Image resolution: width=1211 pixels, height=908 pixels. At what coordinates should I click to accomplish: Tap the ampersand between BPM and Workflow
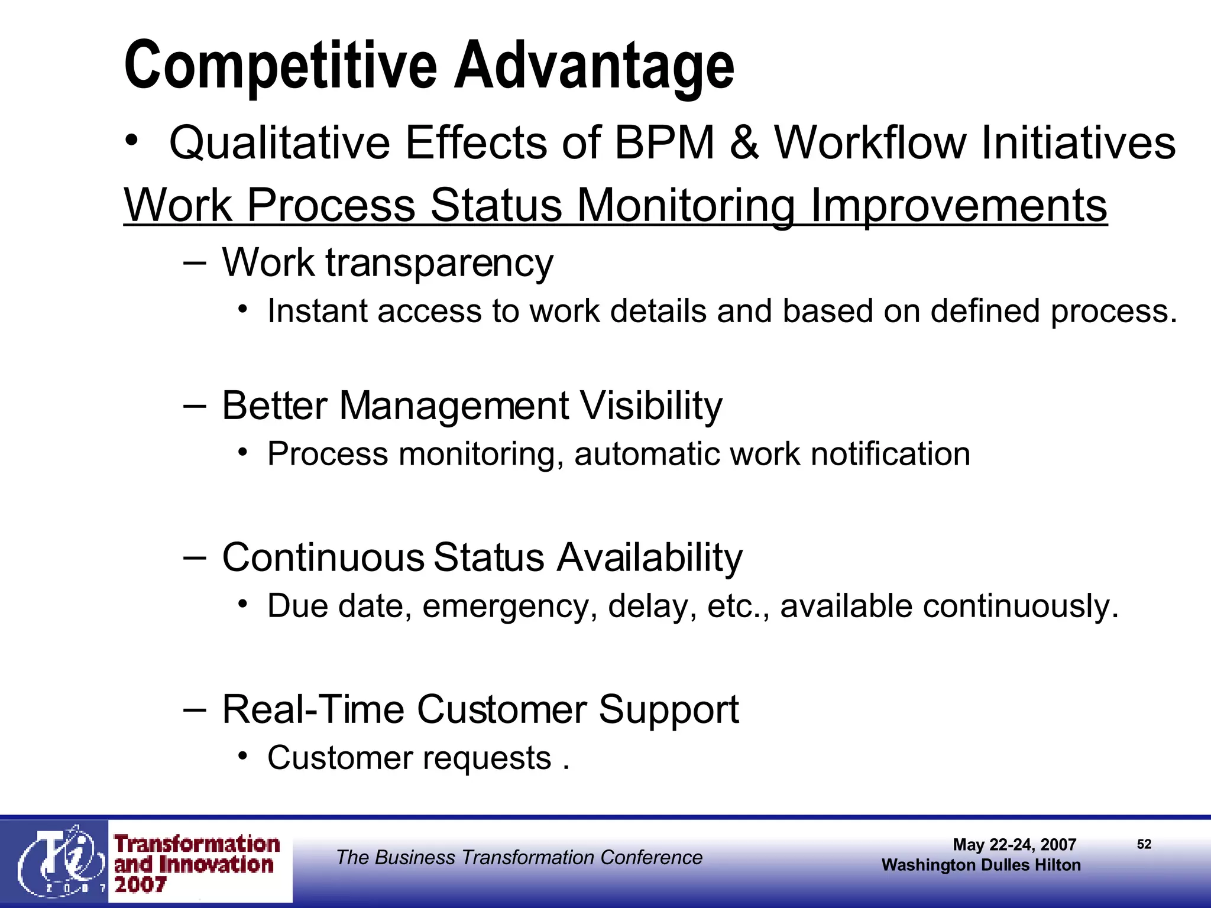[x=744, y=142]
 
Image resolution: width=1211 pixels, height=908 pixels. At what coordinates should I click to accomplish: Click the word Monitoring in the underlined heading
[x=685, y=206]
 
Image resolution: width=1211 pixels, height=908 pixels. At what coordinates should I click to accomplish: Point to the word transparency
[x=439, y=263]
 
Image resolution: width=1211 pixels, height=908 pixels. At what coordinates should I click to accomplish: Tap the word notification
[x=890, y=455]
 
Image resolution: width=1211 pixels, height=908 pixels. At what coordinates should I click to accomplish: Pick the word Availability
[x=649, y=557]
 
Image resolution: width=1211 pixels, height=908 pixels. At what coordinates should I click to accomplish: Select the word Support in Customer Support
[x=668, y=709]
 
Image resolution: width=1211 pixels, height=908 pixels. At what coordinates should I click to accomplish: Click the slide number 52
[x=1144, y=844]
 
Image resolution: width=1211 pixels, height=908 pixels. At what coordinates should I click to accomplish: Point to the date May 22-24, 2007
[x=1014, y=845]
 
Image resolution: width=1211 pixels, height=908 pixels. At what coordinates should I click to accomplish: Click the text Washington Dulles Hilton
[x=980, y=865]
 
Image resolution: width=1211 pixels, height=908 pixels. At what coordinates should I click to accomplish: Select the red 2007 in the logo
[x=140, y=885]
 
